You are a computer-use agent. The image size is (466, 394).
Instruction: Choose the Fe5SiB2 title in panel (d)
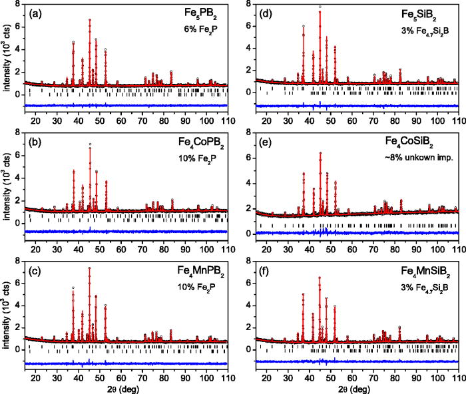click(x=433, y=13)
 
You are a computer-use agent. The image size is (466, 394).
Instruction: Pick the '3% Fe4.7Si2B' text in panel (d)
click(x=426, y=29)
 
